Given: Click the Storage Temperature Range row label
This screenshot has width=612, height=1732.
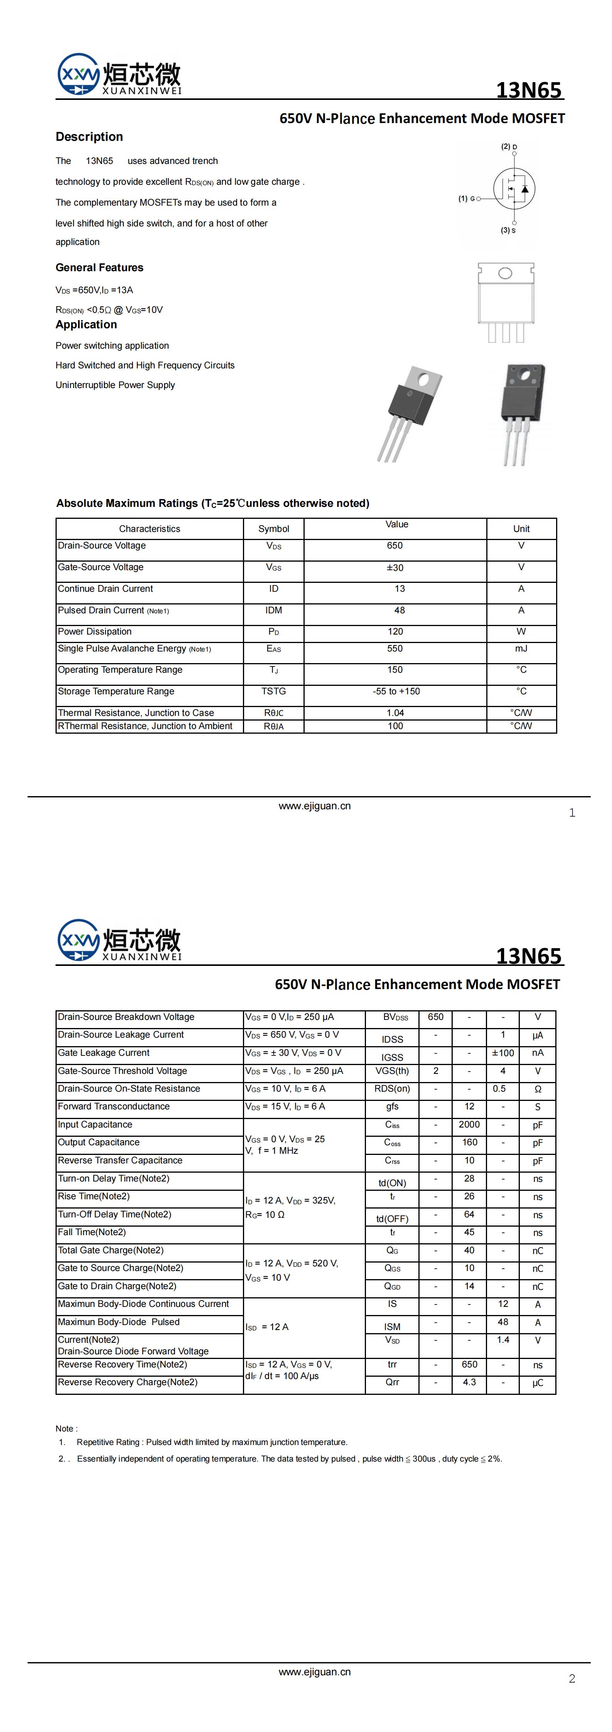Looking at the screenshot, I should pos(116,691).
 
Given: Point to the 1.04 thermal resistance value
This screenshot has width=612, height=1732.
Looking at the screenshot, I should pos(395,713).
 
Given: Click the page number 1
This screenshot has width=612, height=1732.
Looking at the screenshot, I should pos(572,813).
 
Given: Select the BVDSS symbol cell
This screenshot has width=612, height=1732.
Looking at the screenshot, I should pos(392,1017).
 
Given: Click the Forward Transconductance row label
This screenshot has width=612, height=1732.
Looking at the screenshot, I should pos(114,1106).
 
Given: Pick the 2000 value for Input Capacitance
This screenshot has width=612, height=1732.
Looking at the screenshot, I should pos(469,1124).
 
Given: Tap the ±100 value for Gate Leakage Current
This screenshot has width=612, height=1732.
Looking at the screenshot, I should pos(503,1053).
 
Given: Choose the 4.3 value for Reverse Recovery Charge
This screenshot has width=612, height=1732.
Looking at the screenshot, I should pos(469,1383).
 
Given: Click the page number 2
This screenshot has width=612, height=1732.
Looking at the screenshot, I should pos(572,1679).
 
